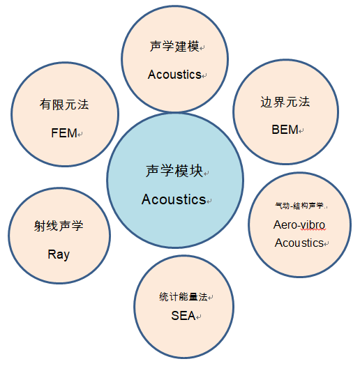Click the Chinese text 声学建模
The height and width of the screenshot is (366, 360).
click(174, 46)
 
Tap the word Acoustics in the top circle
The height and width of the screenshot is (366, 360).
click(174, 75)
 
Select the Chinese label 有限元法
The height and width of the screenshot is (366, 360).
click(64, 105)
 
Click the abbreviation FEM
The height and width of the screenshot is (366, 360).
click(64, 133)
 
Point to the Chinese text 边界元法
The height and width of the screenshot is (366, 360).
click(285, 102)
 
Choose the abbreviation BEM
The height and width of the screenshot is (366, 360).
click(285, 130)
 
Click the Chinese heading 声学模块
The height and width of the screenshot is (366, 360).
click(174, 171)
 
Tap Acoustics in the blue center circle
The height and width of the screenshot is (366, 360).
click(174, 199)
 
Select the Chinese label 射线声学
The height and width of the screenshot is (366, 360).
click(59, 226)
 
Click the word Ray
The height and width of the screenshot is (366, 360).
click(59, 254)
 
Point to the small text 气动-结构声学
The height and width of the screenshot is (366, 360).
click(299, 206)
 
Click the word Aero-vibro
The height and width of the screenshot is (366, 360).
click(299, 225)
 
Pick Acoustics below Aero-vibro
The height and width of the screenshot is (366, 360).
click(299, 243)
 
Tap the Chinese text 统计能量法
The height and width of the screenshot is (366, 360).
click(183, 297)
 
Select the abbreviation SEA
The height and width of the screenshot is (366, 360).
click(183, 316)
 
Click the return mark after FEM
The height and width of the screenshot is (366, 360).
click(80, 135)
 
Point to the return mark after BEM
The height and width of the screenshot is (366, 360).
click(301, 131)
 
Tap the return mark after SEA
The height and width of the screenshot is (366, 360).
click(198, 317)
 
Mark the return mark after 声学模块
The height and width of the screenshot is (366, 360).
click(207, 174)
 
